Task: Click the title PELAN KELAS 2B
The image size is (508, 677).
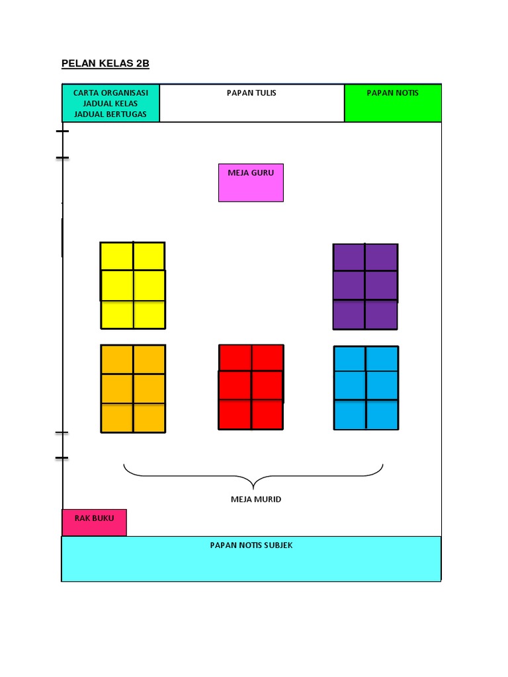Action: (105, 63)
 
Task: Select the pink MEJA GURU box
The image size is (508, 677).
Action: (251, 182)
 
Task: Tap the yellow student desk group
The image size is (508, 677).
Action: (132, 285)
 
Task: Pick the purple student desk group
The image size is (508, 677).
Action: (365, 286)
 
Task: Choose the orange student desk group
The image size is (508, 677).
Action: (132, 389)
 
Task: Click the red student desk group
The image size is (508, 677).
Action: (251, 387)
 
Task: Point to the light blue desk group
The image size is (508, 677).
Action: (366, 387)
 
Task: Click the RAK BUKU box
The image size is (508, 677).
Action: (94, 522)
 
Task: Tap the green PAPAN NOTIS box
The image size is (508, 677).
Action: (393, 103)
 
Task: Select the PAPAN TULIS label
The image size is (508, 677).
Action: (251, 93)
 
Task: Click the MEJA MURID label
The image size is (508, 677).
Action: (256, 499)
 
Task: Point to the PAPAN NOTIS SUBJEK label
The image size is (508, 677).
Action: (251, 545)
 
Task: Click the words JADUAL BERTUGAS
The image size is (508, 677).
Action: (110, 114)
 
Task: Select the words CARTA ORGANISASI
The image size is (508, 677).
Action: (110, 93)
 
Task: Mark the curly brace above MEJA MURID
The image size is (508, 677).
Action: (253, 475)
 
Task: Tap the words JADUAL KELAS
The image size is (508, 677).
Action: (110, 104)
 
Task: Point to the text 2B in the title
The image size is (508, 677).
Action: (142, 63)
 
